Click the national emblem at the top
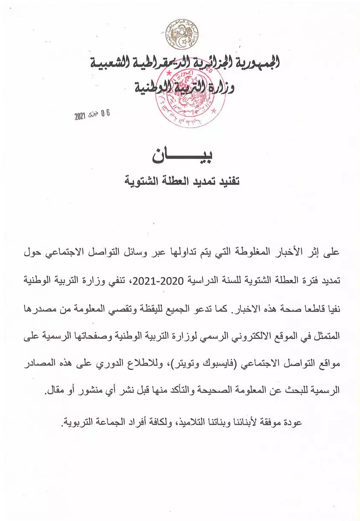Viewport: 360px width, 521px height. point(182,35)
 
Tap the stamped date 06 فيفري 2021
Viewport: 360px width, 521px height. point(92,114)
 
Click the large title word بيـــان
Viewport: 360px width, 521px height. point(182,156)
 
